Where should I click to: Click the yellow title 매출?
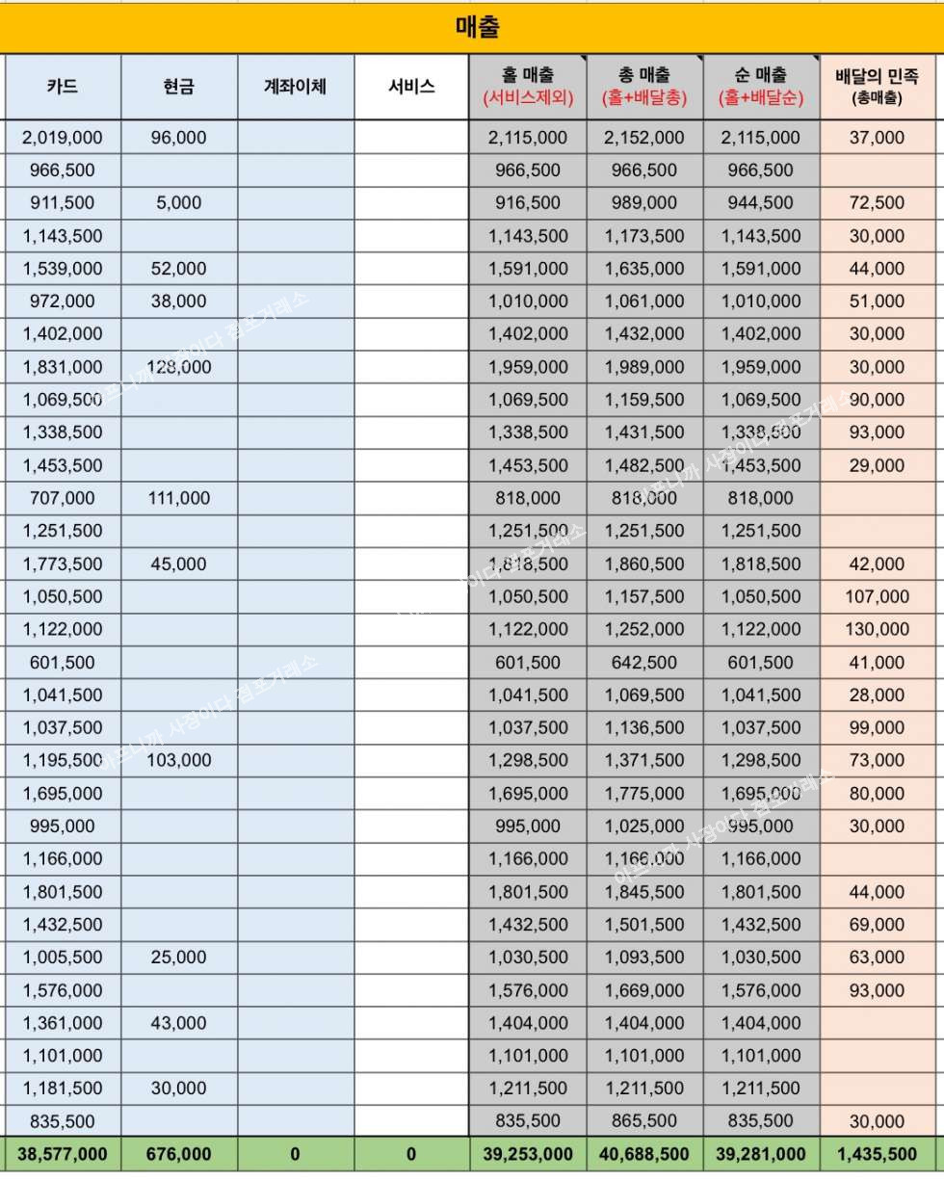click(477, 27)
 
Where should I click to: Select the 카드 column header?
click(63, 86)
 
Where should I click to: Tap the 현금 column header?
click(179, 86)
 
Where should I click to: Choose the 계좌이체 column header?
click(295, 86)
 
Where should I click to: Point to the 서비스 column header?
click(411, 86)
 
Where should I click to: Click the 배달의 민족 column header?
click(878, 85)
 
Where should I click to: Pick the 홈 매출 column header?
click(528, 85)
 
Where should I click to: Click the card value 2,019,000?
click(63, 138)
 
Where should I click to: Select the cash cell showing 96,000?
click(179, 138)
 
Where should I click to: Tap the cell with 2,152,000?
click(643, 138)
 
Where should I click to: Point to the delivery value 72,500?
click(878, 203)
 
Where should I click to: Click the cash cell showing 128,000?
click(179, 367)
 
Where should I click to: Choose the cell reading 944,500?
click(760, 203)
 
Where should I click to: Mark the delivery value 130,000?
click(878, 629)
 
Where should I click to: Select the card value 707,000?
click(63, 498)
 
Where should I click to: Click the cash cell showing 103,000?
click(179, 760)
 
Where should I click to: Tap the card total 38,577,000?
click(63, 1154)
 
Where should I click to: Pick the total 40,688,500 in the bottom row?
click(643, 1154)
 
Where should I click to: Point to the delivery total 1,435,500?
click(878, 1154)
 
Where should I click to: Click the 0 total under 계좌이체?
click(295, 1154)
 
